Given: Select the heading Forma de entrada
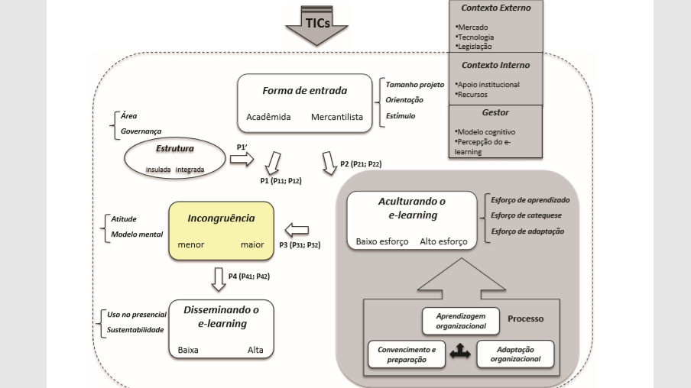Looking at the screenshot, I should coord(304,91).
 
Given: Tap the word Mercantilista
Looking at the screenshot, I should coord(337,118).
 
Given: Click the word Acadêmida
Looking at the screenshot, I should coord(269,118).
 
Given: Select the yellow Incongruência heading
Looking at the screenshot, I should coord(221,218).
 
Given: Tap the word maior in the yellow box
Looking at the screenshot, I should coord(251,245).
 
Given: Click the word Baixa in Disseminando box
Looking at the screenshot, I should coord(188,350).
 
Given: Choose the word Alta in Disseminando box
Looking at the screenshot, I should coord(255,350).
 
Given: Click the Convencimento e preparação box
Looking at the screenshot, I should coord(407,354).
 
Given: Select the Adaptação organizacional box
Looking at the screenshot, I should coord(515,354).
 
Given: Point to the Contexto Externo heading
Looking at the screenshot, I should coord(495,8).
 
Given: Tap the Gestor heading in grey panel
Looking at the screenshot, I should coord(495,112).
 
